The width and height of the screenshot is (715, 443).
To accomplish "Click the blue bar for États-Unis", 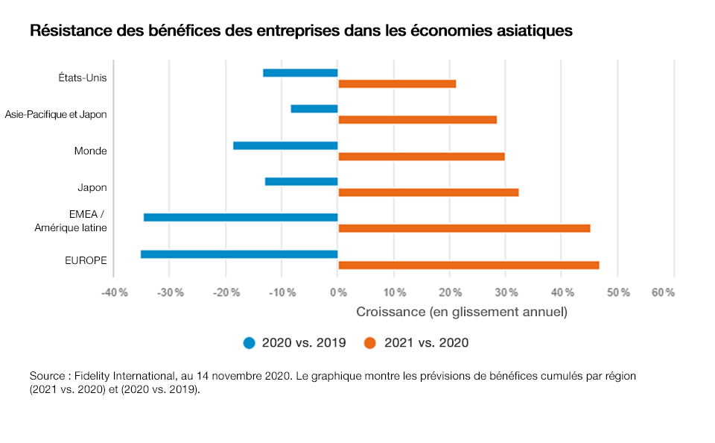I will coord(300,72).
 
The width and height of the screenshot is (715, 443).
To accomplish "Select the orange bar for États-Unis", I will coord(397,84).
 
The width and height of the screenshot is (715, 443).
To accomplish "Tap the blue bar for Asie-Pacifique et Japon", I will coord(314,109).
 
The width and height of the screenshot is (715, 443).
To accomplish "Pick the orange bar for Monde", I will coord(422,157).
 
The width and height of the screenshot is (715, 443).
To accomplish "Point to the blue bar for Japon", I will coord(302,181).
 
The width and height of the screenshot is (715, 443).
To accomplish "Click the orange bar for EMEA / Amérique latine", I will coord(464,228).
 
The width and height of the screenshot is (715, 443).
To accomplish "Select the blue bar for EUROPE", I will coord(239,254).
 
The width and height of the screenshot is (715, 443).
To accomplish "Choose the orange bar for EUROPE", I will coord(468,266).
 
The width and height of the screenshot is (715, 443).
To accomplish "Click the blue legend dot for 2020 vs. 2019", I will coord(250,343).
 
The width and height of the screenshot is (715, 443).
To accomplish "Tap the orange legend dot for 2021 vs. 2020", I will coord(369,343).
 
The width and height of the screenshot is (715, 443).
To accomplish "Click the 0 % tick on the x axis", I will coord(337,292).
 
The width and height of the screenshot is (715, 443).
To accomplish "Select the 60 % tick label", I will coord(663,292).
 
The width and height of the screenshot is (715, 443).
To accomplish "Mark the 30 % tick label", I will coord(506,292).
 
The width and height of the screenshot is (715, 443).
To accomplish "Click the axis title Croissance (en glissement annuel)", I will coord(462,312).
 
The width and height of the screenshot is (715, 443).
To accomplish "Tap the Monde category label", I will coord(90,151).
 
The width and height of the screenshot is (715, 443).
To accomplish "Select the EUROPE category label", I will coord(86,260).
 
